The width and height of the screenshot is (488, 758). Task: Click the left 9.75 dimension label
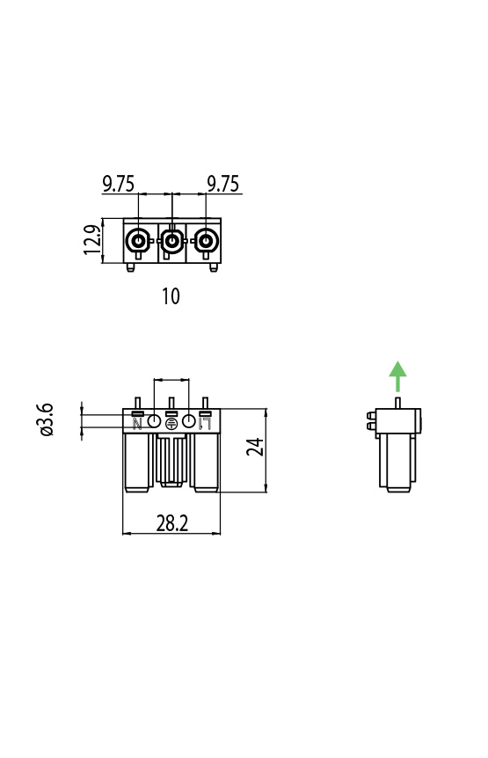[x=119, y=184]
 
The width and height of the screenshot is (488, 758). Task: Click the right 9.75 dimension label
[x=223, y=184]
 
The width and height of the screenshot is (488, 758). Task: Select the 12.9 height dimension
[x=91, y=240]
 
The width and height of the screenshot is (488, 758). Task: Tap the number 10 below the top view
[x=171, y=296]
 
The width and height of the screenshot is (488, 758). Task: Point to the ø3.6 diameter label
[x=46, y=420]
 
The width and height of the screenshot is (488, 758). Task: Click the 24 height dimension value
[x=255, y=447]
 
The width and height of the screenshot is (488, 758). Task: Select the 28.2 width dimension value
[x=172, y=523]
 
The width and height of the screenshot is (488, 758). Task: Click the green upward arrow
[x=397, y=375]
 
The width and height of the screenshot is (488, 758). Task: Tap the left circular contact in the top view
[x=138, y=240]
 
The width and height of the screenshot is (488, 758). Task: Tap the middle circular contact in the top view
[x=171, y=240]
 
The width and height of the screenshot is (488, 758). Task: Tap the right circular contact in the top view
[x=205, y=240]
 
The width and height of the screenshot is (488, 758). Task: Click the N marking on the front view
[x=137, y=424]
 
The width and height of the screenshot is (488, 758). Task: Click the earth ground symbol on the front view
[x=171, y=424]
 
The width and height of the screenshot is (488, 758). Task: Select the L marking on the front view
[x=205, y=424]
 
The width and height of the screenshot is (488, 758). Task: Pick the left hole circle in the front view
[x=154, y=421]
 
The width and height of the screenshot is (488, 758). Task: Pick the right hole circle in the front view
[x=188, y=421]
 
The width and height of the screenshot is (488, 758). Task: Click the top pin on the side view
[x=397, y=403]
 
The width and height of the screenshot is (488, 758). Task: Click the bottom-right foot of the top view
[x=213, y=267]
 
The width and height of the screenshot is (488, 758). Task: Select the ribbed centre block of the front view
[x=171, y=460]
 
